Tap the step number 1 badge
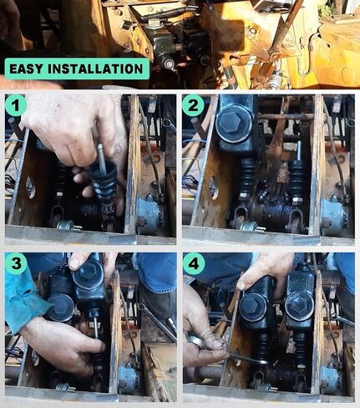pos(16,105)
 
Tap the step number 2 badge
pos(193,105)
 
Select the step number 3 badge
pos(16,263)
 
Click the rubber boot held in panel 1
pos(104,178)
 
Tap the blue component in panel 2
pos(333,214)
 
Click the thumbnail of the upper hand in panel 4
pos(241,285)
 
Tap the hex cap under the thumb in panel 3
pos(88,274)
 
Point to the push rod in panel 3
pos(95,327)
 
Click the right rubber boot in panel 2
pos(297,178)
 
